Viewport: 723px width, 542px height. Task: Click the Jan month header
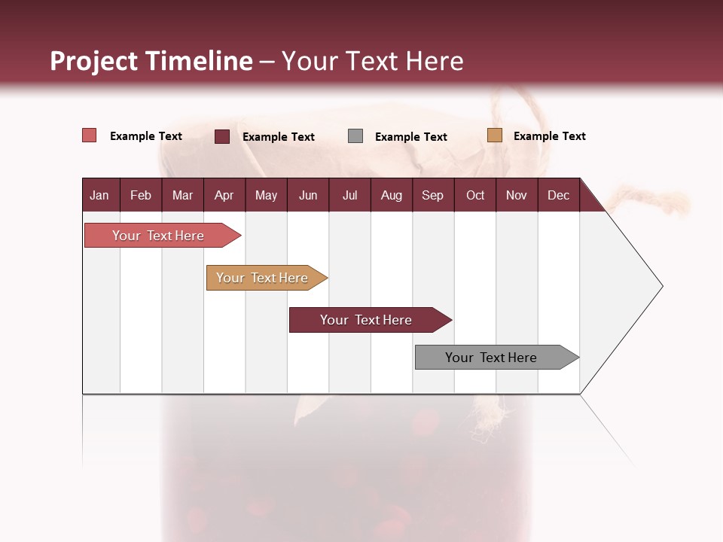[99, 195]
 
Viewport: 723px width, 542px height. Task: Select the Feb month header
[141, 195]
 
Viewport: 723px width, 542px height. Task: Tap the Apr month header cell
[224, 195]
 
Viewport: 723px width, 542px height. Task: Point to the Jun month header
[308, 195]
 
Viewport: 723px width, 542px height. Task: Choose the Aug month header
[391, 195]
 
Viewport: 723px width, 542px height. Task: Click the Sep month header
[432, 195]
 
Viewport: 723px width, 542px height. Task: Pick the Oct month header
[475, 195]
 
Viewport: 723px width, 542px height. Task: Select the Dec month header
[558, 195]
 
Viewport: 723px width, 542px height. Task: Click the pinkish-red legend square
[90, 135]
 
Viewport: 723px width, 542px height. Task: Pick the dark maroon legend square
[222, 136]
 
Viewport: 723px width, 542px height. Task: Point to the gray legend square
[355, 136]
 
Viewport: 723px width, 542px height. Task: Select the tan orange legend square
[494, 135]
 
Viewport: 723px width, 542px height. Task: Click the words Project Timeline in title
[151, 61]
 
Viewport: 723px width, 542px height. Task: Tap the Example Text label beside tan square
[549, 136]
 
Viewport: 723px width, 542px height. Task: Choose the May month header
[266, 195]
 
